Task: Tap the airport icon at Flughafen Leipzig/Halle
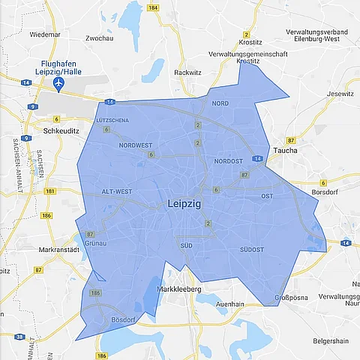coord(68,79)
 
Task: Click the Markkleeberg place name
coord(181,289)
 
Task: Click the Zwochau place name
coord(100,37)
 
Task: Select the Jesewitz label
coord(340,94)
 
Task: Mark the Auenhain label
coord(231,305)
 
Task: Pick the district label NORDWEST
coord(135,145)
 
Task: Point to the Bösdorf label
coord(121,320)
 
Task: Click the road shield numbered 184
coord(152,7)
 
